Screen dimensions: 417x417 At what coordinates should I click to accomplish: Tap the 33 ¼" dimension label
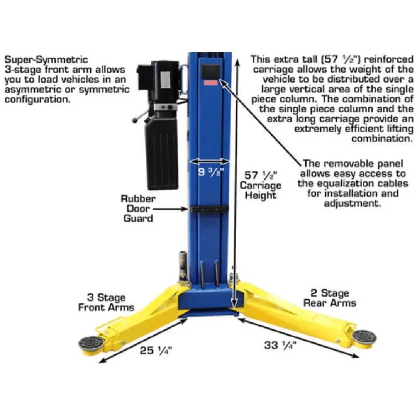[280, 345]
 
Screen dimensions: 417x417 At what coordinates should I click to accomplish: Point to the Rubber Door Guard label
[138, 208]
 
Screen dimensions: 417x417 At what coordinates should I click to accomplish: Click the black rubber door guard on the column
[209, 209]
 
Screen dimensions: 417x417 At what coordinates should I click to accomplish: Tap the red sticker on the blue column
[211, 83]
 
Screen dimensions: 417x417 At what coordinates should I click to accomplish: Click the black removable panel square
[211, 72]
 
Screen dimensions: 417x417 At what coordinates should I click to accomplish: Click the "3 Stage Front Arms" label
[106, 302]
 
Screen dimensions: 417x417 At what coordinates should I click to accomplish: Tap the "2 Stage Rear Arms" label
[329, 298]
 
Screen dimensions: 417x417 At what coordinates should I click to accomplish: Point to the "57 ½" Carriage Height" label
[261, 185]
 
